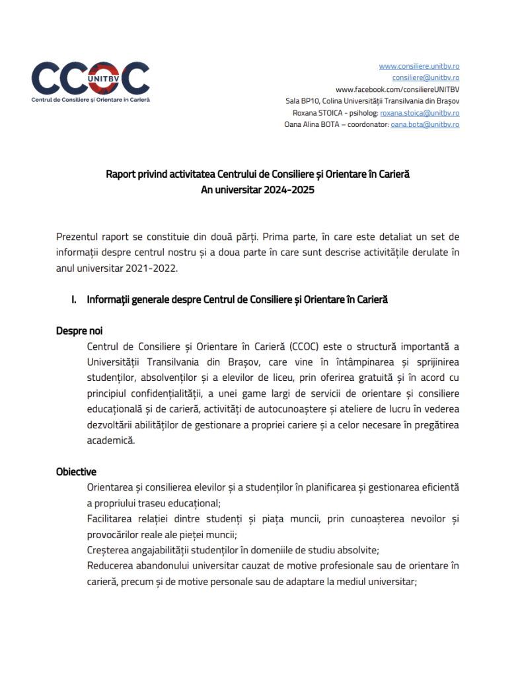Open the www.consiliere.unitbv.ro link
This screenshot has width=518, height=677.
[419, 66]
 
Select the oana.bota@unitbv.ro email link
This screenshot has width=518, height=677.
[425, 124]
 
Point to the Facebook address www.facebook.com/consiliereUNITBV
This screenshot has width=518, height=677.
[397, 89]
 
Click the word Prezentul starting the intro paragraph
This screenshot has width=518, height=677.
[79, 237]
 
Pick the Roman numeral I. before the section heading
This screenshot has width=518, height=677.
[75, 299]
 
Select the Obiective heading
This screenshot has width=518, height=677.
[76, 471]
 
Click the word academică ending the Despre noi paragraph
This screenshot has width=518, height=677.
[110, 440]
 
